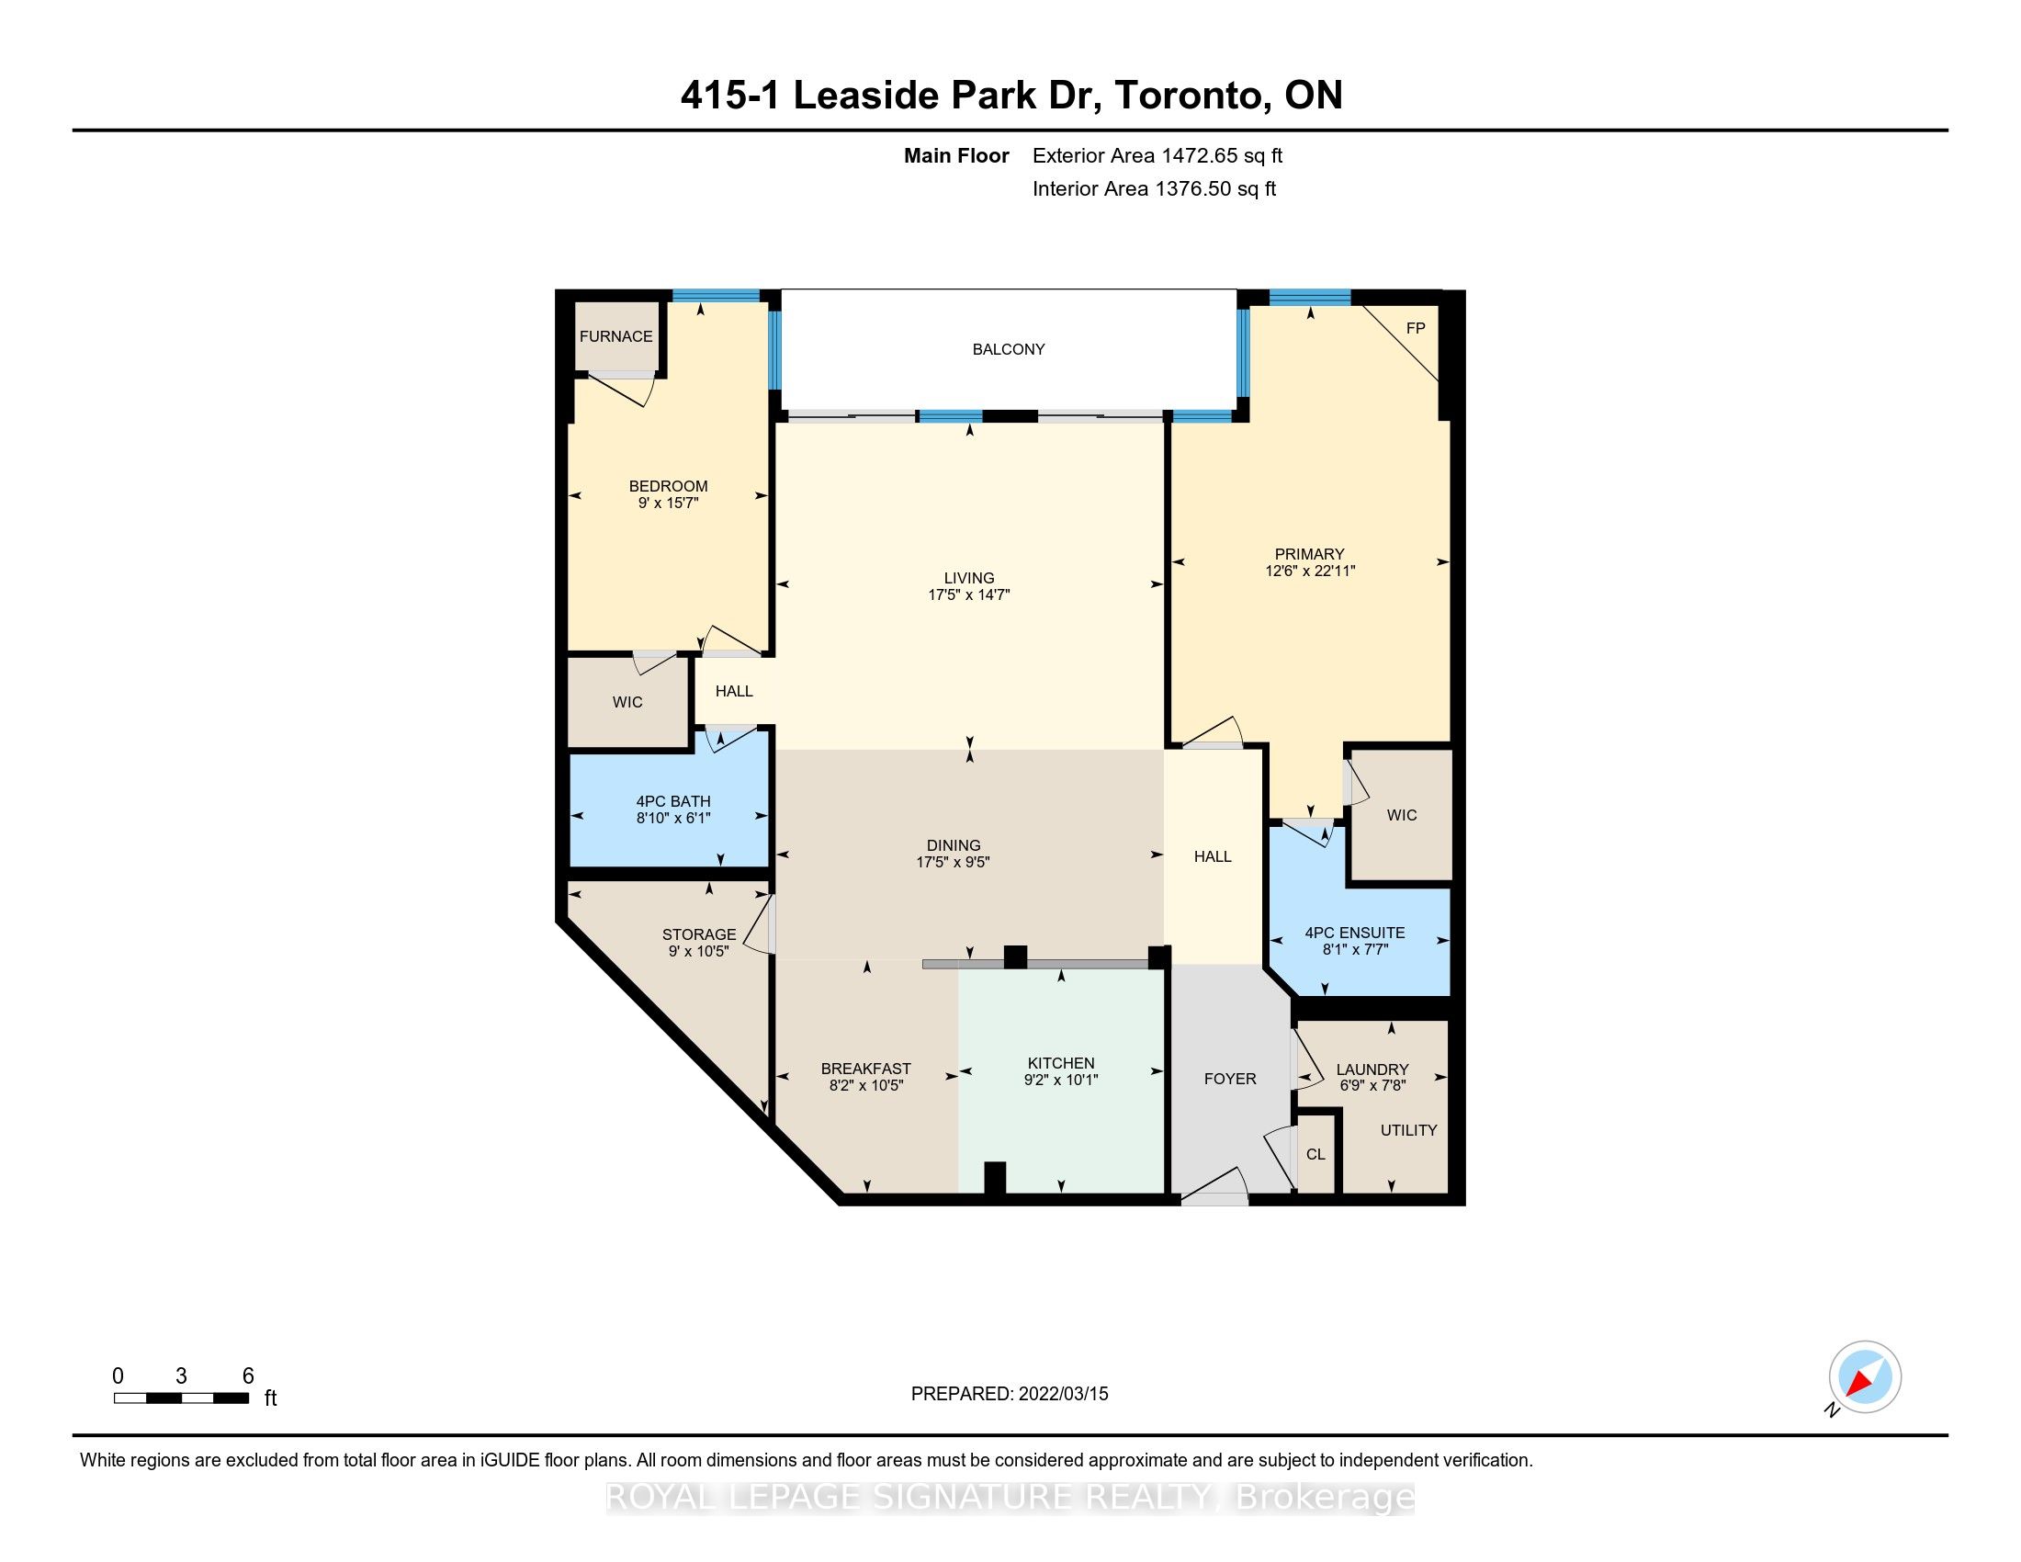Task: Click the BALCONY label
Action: pos(1008,349)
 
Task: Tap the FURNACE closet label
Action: pos(615,336)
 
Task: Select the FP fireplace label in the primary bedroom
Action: pos(1415,328)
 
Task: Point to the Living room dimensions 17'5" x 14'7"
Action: pos(969,595)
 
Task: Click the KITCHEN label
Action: pos(1060,1063)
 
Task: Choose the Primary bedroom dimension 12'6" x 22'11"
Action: pos(1310,571)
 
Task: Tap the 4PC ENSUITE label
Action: pos(1355,933)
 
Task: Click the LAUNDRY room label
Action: pos(1372,1070)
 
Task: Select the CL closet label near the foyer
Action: pos(1315,1154)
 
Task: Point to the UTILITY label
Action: pos(1408,1130)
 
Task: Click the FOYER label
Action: pos(1230,1078)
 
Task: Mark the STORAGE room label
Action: pos(699,934)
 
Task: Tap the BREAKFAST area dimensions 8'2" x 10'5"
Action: pos(866,1085)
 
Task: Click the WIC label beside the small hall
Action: pos(627,701)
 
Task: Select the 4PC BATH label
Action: pos(673,801)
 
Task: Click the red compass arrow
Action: pos(1858,1383)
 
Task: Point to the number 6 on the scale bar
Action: pos(248,1376)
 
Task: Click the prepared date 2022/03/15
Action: pos(1063,1394)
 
